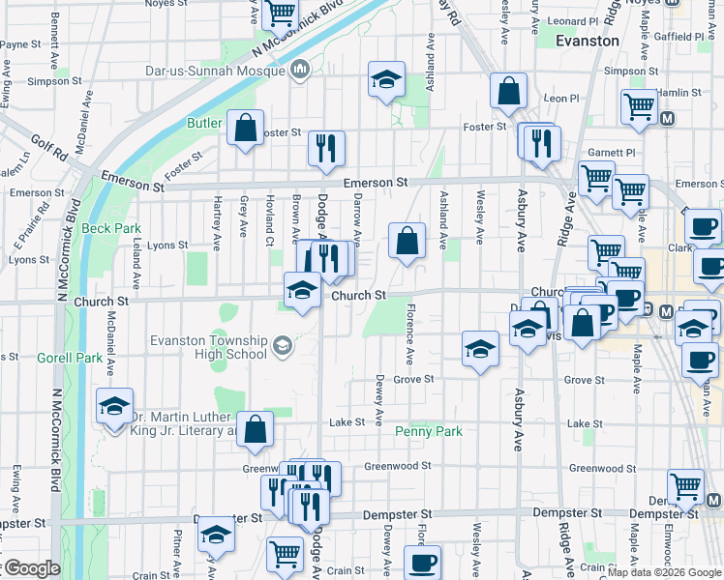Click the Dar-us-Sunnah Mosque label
tap(228, 70)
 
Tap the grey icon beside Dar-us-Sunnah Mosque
tap(300, 70)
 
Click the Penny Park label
tap(428, 432)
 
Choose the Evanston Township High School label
tap(208, 347)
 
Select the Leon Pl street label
tap(560, 98)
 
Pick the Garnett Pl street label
tap(611, 153)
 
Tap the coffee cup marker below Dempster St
tap(421, 562)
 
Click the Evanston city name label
tap(588, 42)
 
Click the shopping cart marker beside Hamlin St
tap(638, 109)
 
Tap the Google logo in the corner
tap(31, 569)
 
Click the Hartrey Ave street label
tap(218, 219)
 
